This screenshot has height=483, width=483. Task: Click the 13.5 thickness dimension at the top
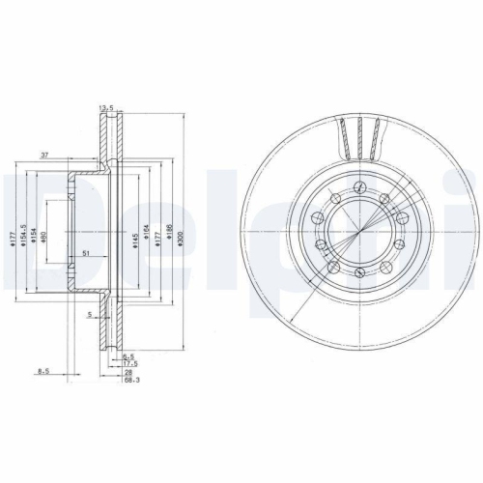[x=105, y=108]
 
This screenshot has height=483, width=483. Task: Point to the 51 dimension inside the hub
[x=86, y=254]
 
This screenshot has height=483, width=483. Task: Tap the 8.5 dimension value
[x=43, y=370]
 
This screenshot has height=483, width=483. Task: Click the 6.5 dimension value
[x=128, y=356]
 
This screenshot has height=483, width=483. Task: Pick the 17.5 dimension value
[x=130, y=363]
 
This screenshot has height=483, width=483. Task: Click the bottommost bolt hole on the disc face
[x=359, y=280]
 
